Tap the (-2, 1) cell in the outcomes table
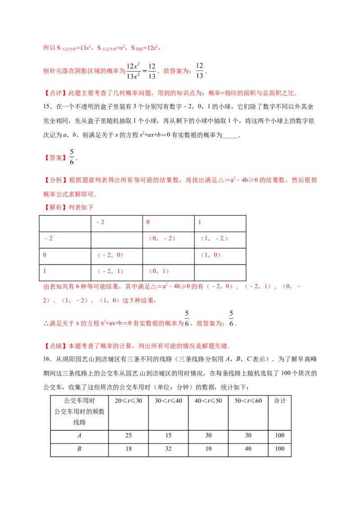click(110, 272)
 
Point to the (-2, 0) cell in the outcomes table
click(110, 255)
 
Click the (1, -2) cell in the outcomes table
click(213, 239)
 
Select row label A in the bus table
click(79, 436)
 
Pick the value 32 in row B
click(168, 449)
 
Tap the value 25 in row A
click(129, 436)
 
